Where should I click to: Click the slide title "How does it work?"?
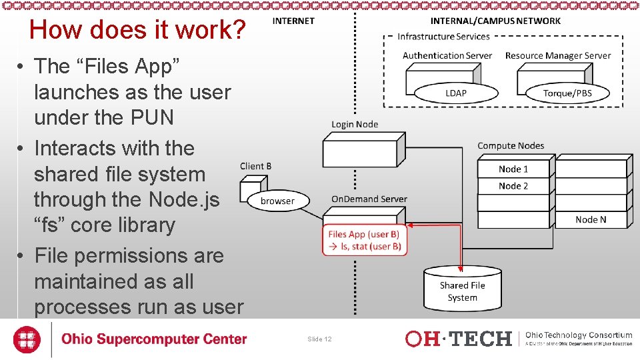138,30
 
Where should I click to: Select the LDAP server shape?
455,93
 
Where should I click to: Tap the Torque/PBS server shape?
567,93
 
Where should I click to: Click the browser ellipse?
277,201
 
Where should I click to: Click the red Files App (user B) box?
365,240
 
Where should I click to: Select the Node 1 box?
513,169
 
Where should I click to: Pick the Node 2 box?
513,186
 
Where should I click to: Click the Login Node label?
355,124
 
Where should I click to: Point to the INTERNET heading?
293,21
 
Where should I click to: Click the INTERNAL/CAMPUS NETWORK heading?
495,21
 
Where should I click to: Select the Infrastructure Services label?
443,37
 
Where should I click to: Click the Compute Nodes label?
511,145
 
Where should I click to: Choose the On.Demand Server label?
369,199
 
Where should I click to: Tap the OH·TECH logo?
458,339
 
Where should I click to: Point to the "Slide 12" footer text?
319,339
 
